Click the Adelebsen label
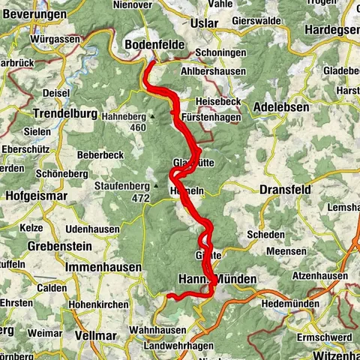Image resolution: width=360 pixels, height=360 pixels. point(281,107)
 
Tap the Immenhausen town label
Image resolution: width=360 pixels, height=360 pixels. point(103,267)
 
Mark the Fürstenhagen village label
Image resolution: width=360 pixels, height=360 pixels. point(211,118)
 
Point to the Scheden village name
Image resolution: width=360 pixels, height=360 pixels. point(265,234)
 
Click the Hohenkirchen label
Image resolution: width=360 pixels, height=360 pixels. point(100,306)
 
